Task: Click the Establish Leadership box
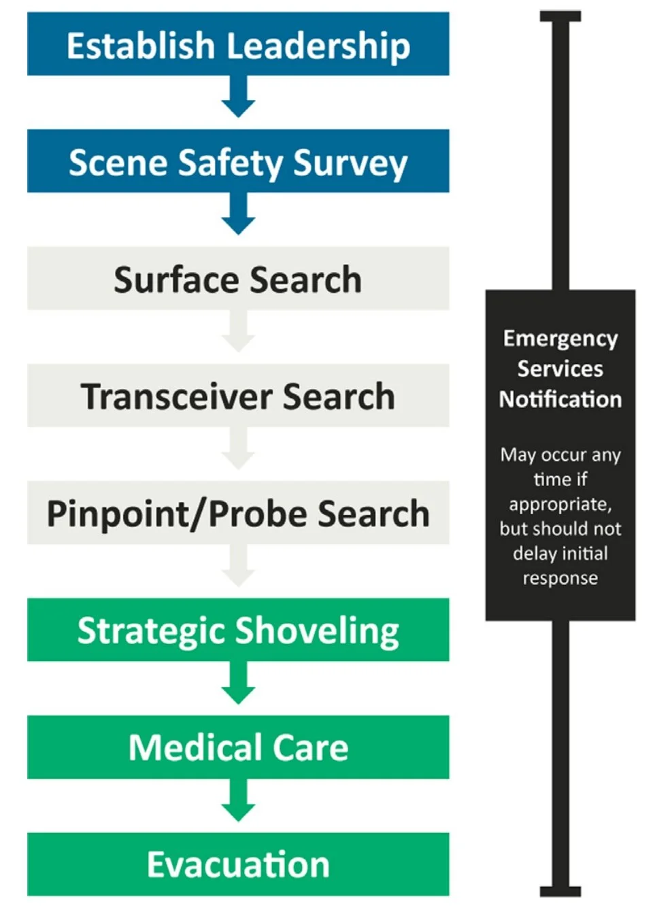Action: pyautogui.click(x=238, y=45)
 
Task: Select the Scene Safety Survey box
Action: pyautogui.click(x=238, y=162)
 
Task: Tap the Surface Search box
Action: pyautogui.click(x=238, y=279)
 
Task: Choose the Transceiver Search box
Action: pyautogui.click(x=238, y=396)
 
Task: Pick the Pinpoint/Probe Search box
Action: pyautogui.click(x=238, y=513)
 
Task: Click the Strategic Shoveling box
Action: pyautogui.click(x=238, y=630)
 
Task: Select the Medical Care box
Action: pyautogui.click(x=238, y=747)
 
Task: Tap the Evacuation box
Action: pyautogui.click(x=238, y=864)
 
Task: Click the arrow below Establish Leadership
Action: pyautogui.click(x=238, y=97)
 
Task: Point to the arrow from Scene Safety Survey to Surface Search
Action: pyautogui.click(x=238, y=214)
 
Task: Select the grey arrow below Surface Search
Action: pyautogui.click(x=238, y=331)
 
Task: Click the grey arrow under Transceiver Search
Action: pyautogui.click(x=238, y=448)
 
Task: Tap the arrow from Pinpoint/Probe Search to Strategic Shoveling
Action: pyautogui.click(x=238, y=566)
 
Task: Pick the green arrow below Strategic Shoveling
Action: pyautogui.click(x=238, y=683)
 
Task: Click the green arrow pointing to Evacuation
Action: pyautogui.click(x=238, y=800)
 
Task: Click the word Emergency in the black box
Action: pyautogui.click(x=560, y=339)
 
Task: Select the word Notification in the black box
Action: pyautogui.click(x=560, y=399)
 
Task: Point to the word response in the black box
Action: pyautogui.click(x=560, y=578)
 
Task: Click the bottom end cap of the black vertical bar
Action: pyautogui.click(x=560, y=892)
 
